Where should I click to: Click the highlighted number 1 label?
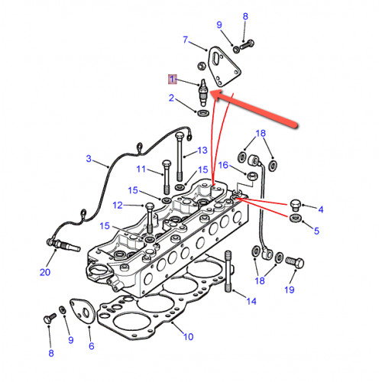pyautogui.click(x=173, y=79)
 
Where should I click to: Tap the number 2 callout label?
pyautogui.click(x=172, y=98)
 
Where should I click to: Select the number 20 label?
pyautogui.click(x=45, y=272)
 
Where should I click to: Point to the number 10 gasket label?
pyautogui.click(x=189, y=337)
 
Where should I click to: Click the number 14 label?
pyautogui.click(x=251, y=301)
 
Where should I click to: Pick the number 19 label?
pyautogui.click(x=290, y=290)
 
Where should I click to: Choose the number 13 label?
pyautogui.click(x=202, y=151)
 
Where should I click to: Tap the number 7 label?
pyautogui.click(x=186, y=40)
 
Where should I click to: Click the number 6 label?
pyautogui.click(x=92, y=346)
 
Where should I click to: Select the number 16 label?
pyautogui.click(x=223, y=165)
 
